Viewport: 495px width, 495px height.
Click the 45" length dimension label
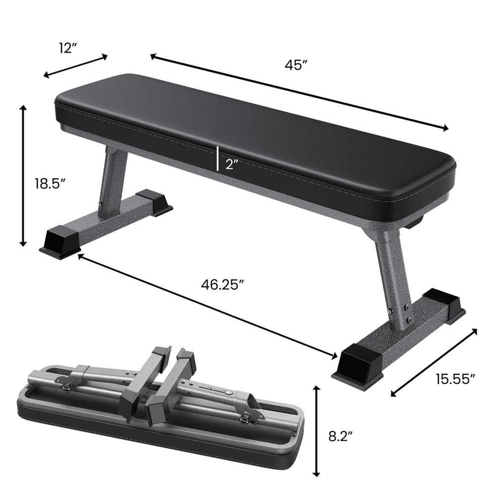[297, 65]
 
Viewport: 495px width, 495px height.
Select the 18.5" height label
[50, 184]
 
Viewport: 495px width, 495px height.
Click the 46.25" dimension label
[222, 284]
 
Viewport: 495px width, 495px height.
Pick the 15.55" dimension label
[455, 379]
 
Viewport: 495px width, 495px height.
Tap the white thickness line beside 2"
[217, 158]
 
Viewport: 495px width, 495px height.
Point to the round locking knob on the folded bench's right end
[244, 420]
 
